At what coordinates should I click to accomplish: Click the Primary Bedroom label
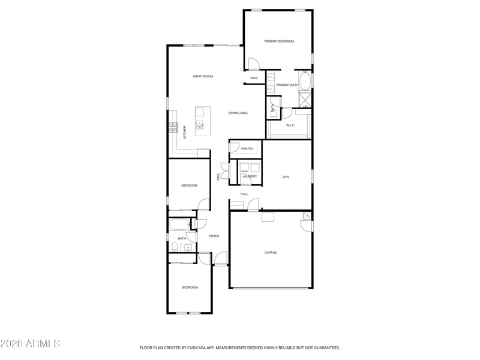pyautogui.click(x=279, y=41)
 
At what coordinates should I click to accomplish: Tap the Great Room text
pyautogui.click(x=203, y=76)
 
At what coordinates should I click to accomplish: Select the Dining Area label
pyautogui.click(x=238, y=113)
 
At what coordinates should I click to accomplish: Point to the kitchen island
pyautogui.click(x=203, y=122)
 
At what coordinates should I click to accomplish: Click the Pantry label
pyautogui.click(x=247, y=149)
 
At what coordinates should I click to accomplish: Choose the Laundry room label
pyautogui.click(x=250, y=176)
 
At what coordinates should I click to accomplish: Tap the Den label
pyautogui.click(x=286, y=177)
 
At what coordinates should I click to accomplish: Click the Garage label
pyautogui.click(x=271, y=253)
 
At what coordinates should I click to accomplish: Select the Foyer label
pyautogui.click(x=214, y=236)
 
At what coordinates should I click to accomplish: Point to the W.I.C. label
pyautogui.click(x=290, y=125)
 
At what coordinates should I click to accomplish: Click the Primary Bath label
pyautogui.click(x=287, y=85)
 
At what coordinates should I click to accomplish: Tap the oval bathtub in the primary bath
pyautogui.click(x=305, y=80)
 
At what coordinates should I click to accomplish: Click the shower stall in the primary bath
pyautogui.click(x=305, y=100)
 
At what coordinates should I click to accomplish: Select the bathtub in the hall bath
pyautogui.click(x=180, y=224)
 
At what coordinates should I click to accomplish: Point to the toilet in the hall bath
pyautogui.click(x=175, y=247)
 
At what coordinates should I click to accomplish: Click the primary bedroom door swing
pyautogui.click(x=254, y=64)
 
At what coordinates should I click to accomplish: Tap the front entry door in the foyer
pyautogui.click(x=221, y=258)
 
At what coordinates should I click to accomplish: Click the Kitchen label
pyautogui.click(x=185, y=132)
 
